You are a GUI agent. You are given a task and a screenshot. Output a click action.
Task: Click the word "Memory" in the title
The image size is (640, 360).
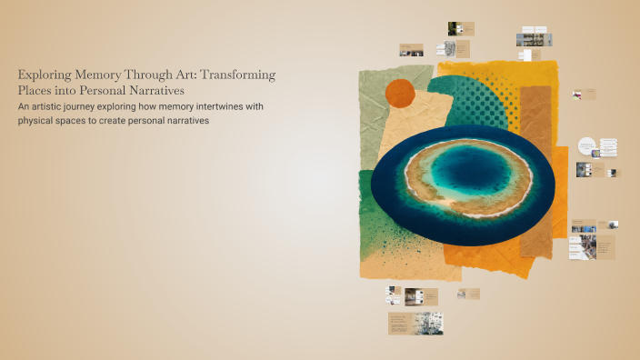(98, 75)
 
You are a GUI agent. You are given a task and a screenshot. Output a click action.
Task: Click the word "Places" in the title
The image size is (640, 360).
(36, 91)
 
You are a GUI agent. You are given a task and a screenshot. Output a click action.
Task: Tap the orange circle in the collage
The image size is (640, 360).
(400, 93)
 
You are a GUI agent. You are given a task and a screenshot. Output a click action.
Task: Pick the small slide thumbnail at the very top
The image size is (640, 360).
(461, 29)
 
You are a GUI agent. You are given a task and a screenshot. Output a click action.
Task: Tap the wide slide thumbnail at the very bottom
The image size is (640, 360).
(415, 324)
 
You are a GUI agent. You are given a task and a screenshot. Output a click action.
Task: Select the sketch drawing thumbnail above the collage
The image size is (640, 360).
(450, 51)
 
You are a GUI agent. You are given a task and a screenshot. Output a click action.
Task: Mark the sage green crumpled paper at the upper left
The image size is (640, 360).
(382, 100)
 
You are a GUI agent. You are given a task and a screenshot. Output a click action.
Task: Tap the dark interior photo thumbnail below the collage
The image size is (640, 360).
(415, 295)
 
